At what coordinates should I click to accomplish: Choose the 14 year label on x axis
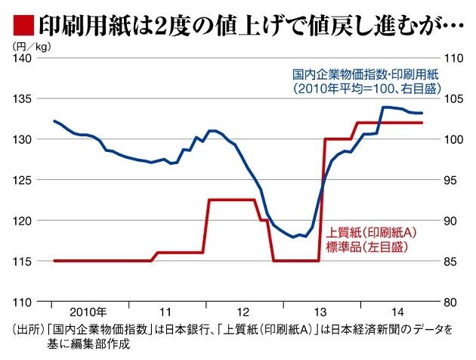[399, 312]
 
